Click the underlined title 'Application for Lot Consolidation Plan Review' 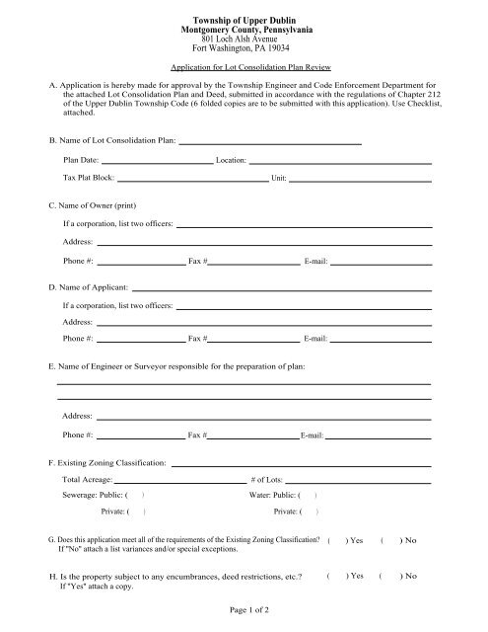pos(243,70)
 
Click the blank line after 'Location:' pos(339,161)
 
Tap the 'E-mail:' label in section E pos(313,435)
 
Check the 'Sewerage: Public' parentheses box pos(137,494)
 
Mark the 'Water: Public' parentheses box pos(309,494)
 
